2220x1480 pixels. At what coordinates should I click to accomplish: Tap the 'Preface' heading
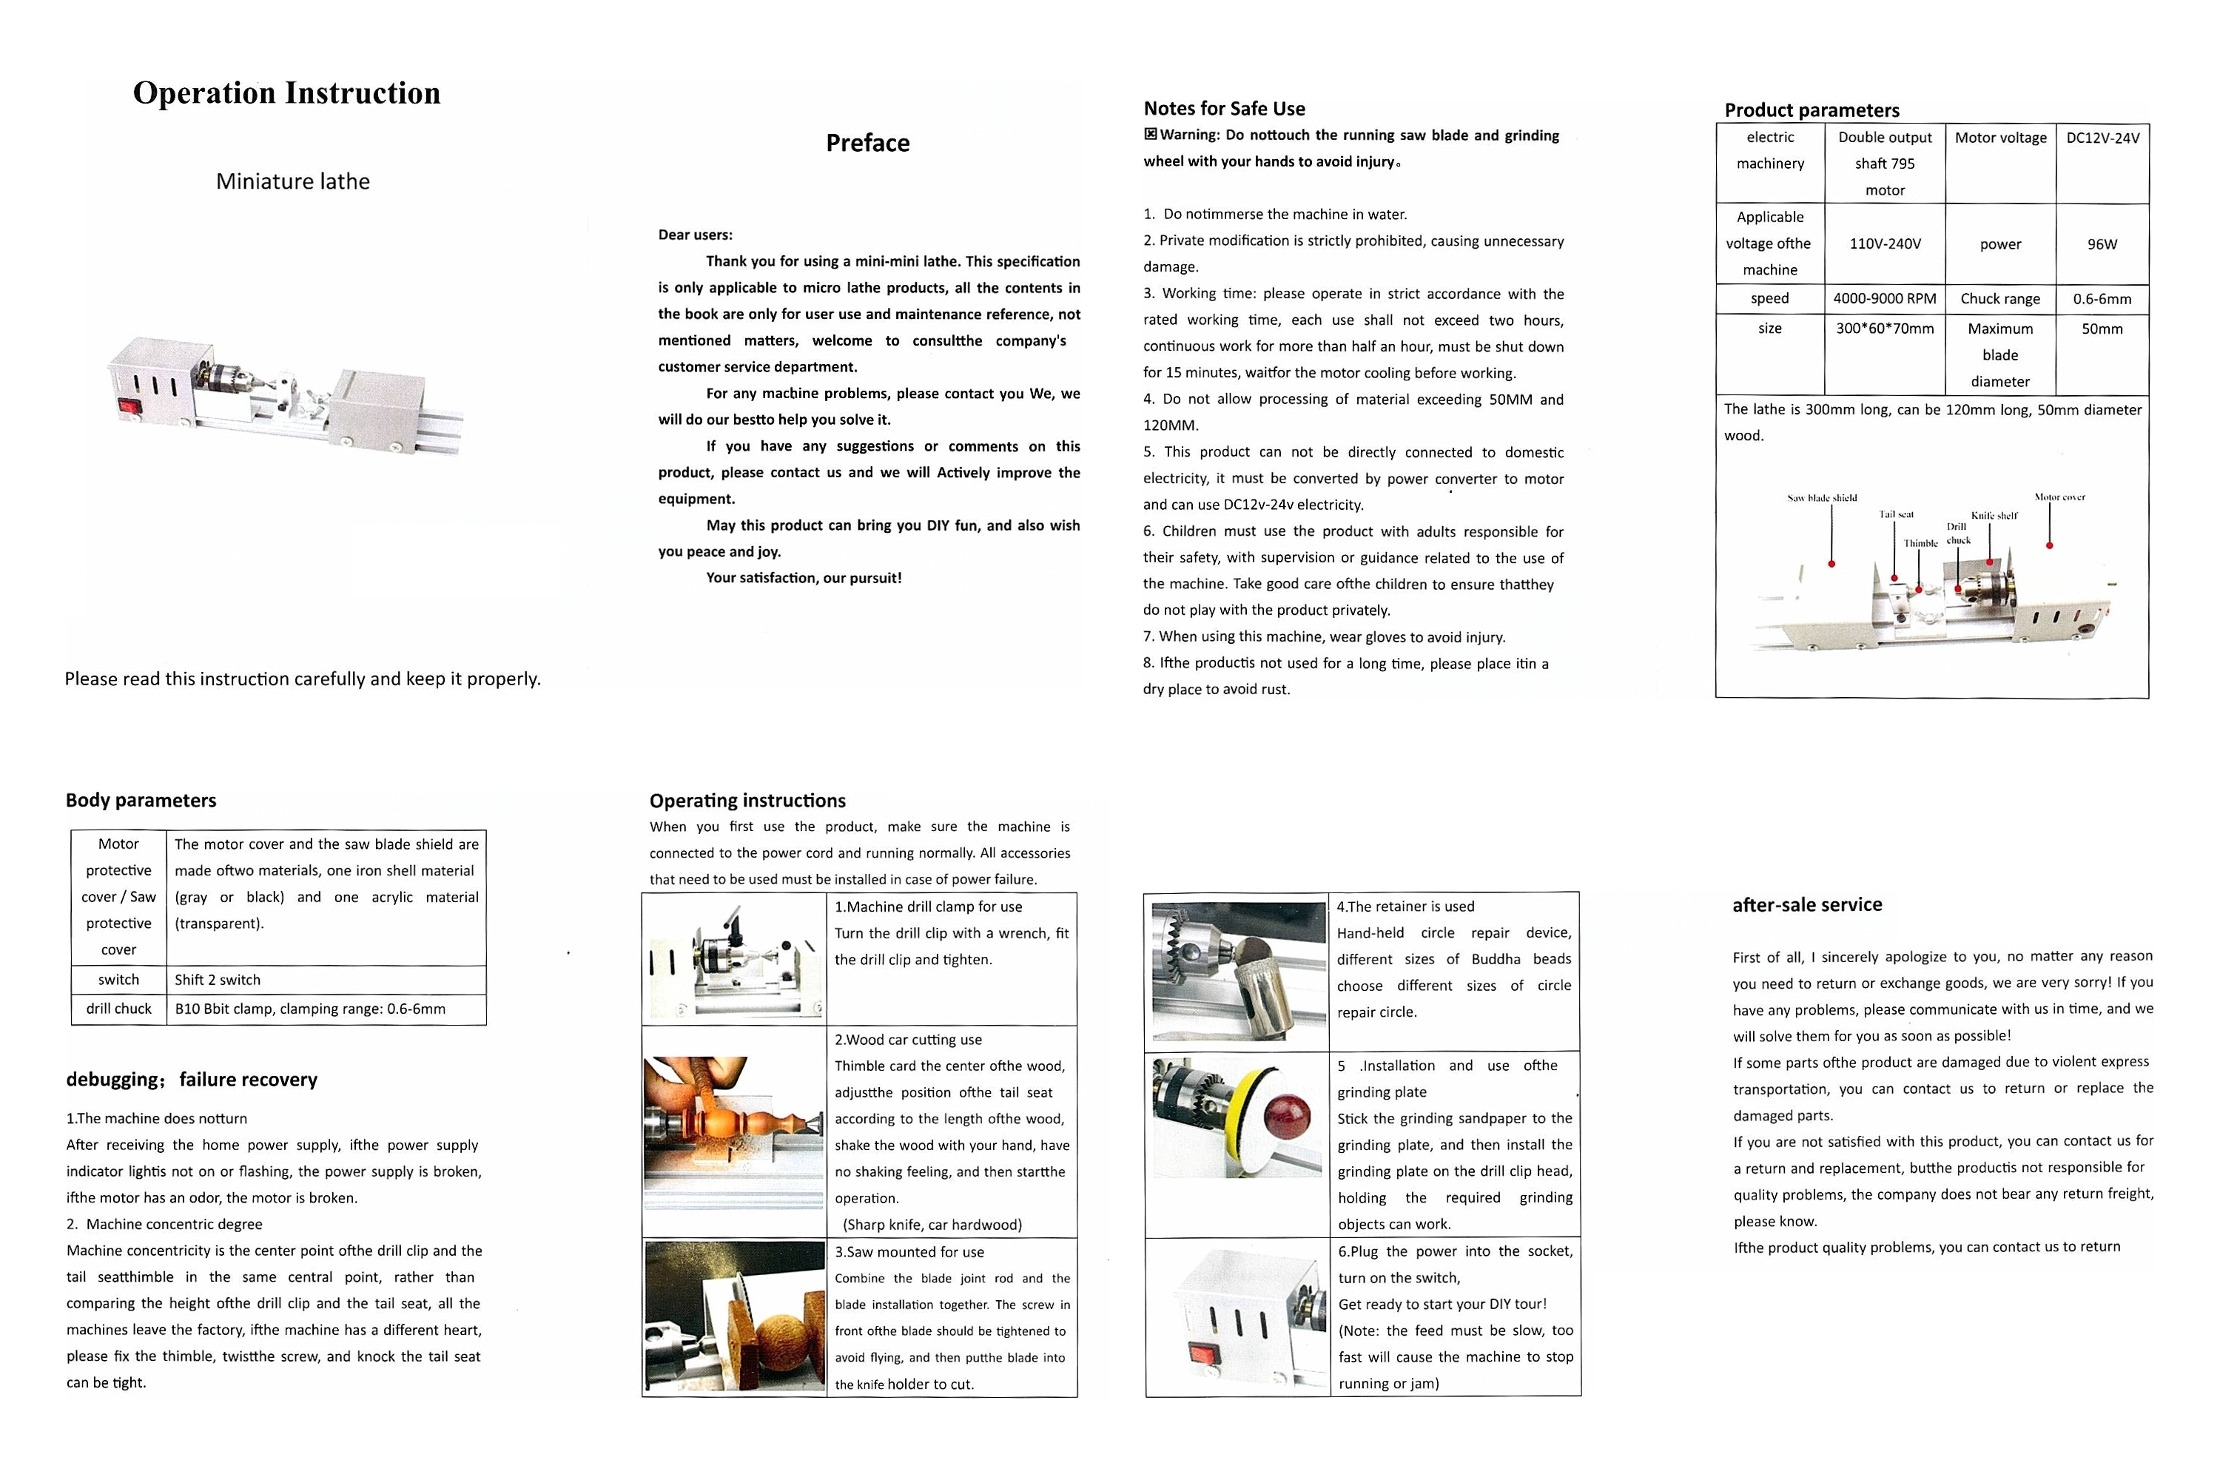867,143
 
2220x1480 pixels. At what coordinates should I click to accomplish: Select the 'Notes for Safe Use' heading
1224,109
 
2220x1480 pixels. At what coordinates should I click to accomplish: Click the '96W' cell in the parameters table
2102,244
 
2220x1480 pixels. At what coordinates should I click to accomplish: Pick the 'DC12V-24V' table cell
2103,138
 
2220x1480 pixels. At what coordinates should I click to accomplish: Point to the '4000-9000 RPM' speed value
1884,299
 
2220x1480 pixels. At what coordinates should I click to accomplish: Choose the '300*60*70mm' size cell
1884,329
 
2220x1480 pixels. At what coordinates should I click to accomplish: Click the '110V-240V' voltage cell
1884,243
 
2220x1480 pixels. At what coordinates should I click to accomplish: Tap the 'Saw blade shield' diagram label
1822,497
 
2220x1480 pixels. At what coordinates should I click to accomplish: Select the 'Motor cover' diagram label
2059,497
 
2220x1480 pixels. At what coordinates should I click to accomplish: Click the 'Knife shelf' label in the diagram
1994,515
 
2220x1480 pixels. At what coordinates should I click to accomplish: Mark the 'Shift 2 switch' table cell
217,980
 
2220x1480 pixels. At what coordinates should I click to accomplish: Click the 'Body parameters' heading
141,801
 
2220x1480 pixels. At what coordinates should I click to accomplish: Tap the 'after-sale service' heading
1806,904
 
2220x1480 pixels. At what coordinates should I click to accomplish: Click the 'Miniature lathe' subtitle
292,181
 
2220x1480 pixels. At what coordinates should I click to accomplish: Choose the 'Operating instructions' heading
747,801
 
